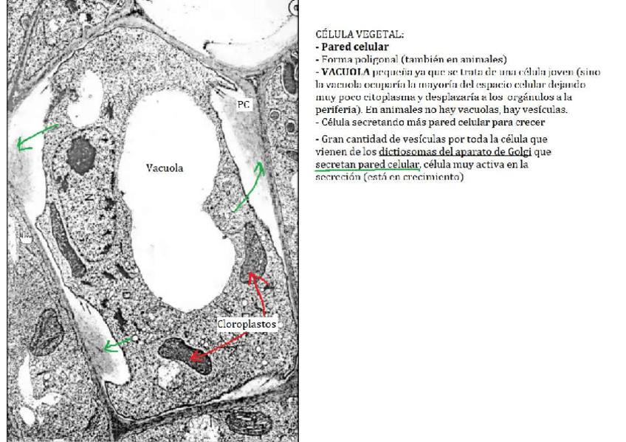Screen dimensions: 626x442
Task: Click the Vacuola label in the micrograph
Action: tap(163, 168)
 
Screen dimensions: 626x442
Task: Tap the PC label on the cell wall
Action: tap(243, 105)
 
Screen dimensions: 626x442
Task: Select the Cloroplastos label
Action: tap(247, 324)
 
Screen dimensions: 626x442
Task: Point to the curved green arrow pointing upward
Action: tap(250, 187)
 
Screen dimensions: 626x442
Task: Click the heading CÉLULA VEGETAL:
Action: tap(360, 35)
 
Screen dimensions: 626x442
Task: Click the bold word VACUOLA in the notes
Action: tap(345, 72)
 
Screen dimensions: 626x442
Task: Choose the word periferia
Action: tap(336, 109)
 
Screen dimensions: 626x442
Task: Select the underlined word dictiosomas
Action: tap(406, 152)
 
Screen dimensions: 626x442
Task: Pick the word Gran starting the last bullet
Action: tap(332, 139)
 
